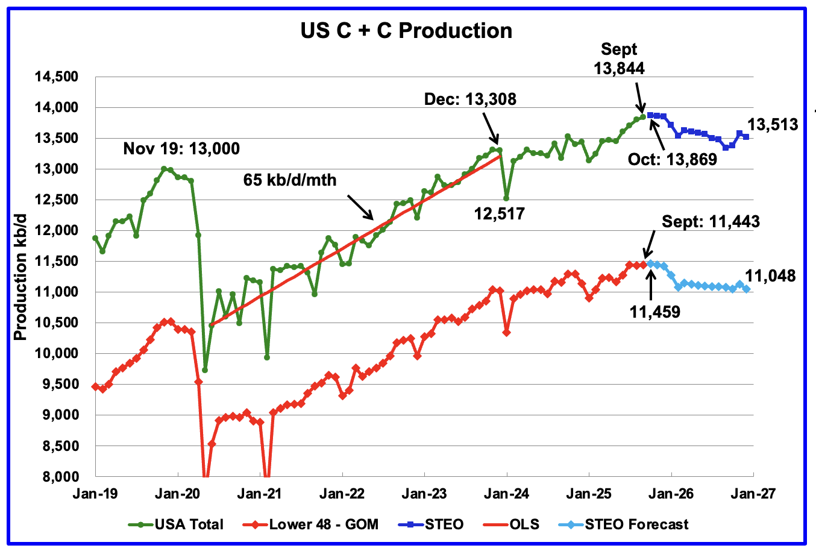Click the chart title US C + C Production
406,31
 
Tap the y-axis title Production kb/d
21,277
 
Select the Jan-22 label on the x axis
342,493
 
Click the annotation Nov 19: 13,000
181,148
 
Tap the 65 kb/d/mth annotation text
290,180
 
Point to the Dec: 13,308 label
469,99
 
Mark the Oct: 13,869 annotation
672,159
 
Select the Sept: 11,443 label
711,222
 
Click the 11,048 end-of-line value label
770,276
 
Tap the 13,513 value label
773,125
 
